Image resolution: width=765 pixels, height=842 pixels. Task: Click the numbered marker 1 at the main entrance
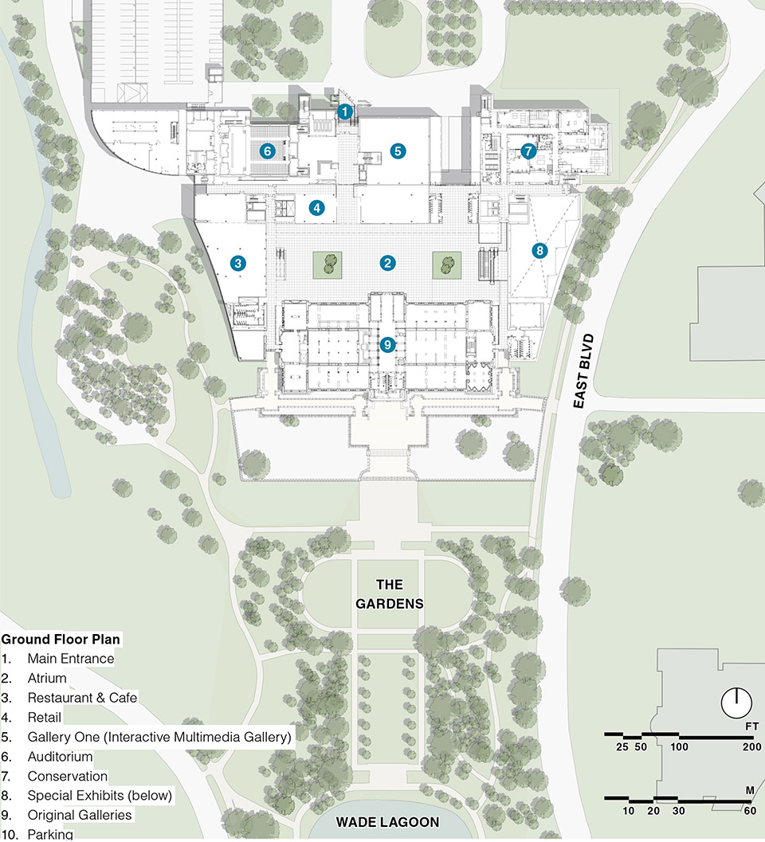pos(344,112)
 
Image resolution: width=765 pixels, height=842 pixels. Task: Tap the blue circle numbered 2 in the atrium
pos(388,262)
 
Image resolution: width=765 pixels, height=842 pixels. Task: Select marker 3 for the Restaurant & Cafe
pos(237,262)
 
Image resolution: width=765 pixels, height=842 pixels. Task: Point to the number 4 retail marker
pos(317,208)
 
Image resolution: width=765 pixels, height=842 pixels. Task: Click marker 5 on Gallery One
pos(398,150)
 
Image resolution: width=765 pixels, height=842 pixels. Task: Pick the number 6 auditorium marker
pos(267,150)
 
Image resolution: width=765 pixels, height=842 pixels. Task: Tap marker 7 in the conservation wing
pos(527,151)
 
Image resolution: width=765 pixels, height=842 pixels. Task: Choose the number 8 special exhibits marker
pos(539,250)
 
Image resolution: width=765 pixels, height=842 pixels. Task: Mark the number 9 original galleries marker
pos(388,345)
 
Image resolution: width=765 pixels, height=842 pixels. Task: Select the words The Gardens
pos(389,593)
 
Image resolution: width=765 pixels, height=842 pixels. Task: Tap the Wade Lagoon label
pos(387,821)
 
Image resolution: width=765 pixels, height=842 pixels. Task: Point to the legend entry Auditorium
pos(60,757)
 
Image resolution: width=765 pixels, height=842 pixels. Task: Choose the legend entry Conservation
pos(67,776)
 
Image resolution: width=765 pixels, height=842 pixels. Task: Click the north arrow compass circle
pos(736,702)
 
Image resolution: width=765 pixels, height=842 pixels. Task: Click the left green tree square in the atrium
pos(328,264)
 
